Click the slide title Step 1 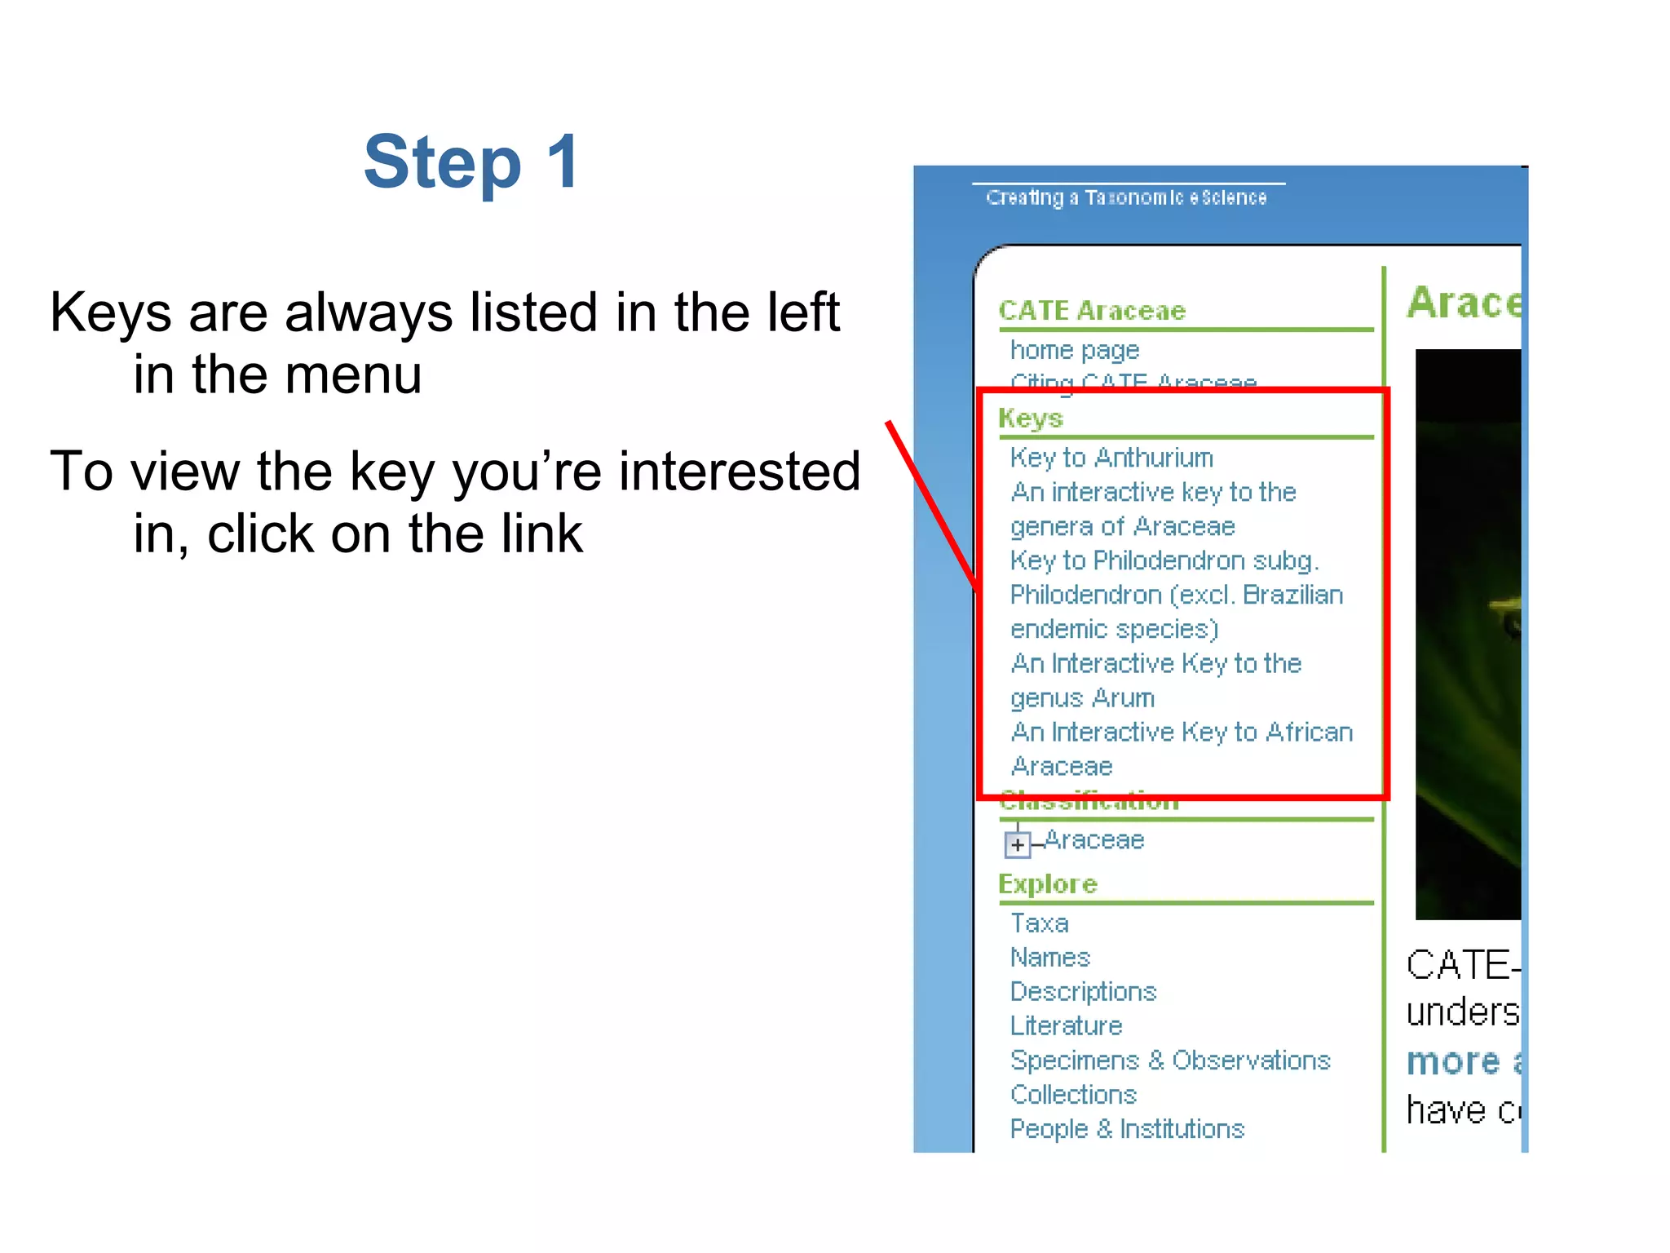pos(472,162)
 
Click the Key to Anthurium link pos(1111,458)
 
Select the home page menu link pos(1074,350)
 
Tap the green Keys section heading pos(1030,418)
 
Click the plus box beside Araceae pos(1017,844)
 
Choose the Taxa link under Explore pos(1039,923)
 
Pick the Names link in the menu pos(1049,958)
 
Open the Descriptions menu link pos(1083,992)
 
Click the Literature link pos(1066,1026)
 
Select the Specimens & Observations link pos(1169,1060)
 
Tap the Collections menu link pos(1073,1095)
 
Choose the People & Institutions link pos(1127,1129)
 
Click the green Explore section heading pos(1048,884)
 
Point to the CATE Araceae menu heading pos(1092,311)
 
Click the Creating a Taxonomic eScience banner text pos(1126,198)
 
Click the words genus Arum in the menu pos(1082,698)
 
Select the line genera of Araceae pos(1122,527)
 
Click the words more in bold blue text pos(1452,1062)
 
